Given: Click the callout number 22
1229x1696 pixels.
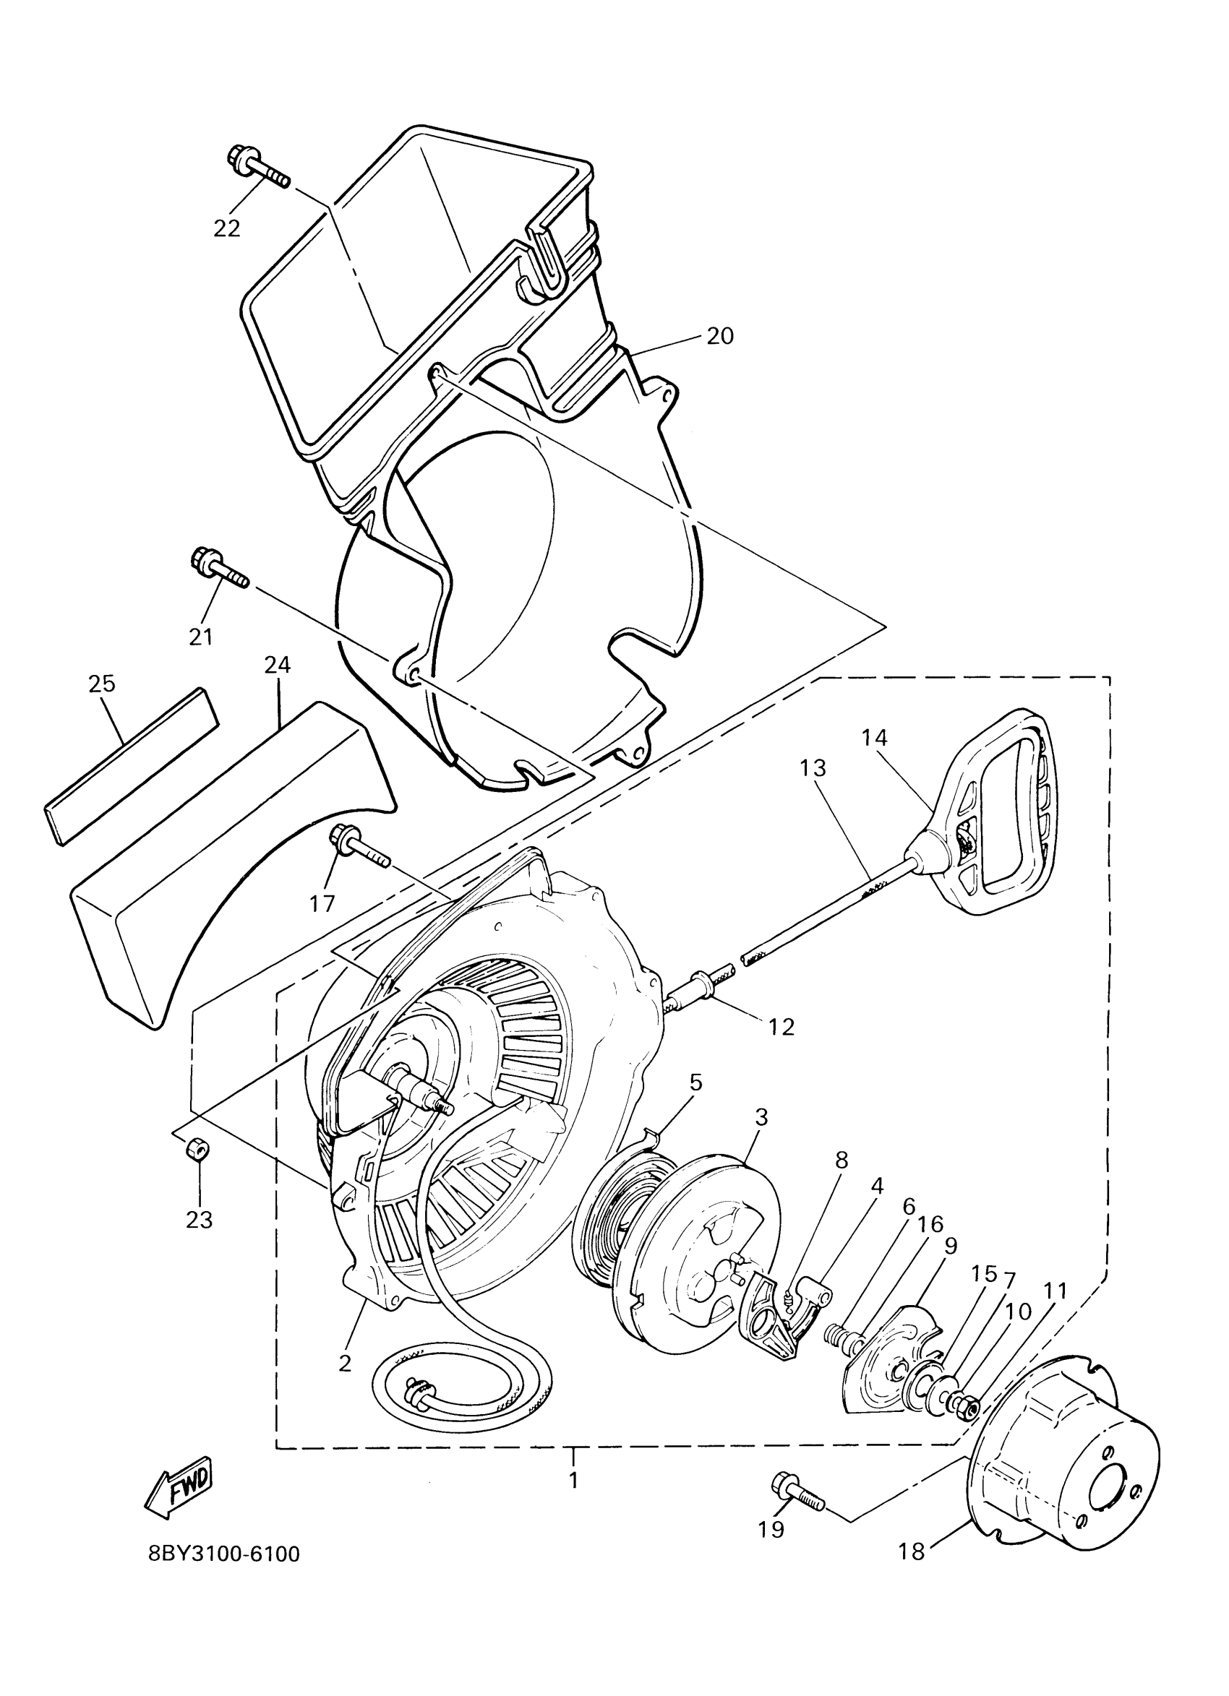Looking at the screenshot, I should [227, 228].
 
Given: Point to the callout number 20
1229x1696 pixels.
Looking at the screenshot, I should [719, 336].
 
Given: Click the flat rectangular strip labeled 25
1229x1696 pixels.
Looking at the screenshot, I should [131, 767].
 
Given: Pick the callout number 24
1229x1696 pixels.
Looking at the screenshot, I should [278, 664].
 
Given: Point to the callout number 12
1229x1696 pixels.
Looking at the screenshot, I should [781, 1027].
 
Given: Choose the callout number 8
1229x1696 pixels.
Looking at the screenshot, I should [842, 1161].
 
